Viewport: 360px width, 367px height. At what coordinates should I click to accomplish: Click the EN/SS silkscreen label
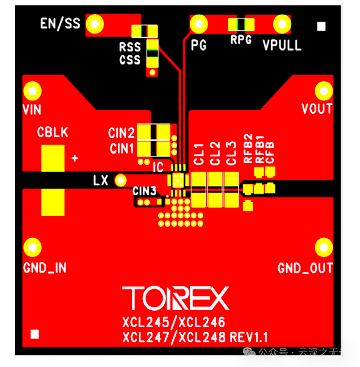[60, 24]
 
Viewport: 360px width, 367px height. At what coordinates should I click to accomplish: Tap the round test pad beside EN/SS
[95, 24]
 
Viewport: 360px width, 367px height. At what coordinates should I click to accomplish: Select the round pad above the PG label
[199, 24]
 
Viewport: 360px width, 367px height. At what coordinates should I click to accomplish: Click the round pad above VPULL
[282, 24]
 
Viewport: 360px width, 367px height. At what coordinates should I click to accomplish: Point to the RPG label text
[241, 39]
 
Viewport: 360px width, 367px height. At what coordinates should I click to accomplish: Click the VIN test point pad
[33, 91]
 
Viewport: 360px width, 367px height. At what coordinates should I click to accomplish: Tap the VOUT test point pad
[324, 91]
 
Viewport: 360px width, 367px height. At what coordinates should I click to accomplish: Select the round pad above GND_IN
[33, 247]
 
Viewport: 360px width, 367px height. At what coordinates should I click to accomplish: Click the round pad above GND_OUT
[324, 247]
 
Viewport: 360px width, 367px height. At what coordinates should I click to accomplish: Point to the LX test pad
[120, 180]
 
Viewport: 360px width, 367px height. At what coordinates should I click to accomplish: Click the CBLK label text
[53, 132]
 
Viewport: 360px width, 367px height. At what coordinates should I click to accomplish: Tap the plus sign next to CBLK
[75, 158]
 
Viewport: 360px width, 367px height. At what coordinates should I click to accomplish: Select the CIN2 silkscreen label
[121, 133]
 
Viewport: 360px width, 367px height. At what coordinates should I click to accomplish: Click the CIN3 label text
[144, 191]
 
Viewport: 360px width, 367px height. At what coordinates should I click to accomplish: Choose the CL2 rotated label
[215, 153]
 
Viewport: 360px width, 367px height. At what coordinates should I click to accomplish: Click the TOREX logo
[176, 298]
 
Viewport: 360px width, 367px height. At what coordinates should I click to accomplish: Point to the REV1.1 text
[249, 337]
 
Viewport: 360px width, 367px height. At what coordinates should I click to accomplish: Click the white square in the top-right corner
[321, 26]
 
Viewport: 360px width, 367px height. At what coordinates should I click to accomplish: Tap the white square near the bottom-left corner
[35, 334]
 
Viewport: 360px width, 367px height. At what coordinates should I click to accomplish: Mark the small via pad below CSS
[152, 72]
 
